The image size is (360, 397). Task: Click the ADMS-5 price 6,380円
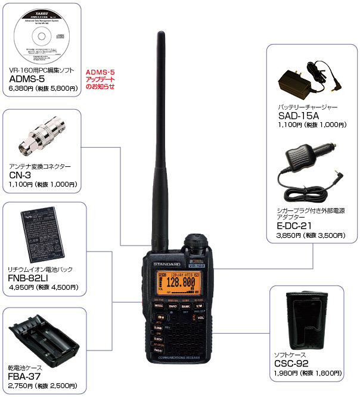pos(21,88)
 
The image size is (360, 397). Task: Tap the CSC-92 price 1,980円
pos(285,373)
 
